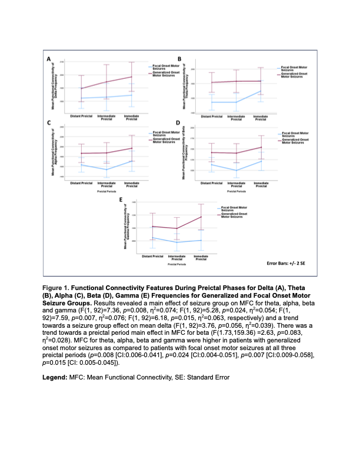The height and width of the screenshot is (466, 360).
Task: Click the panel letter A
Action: click(x=49, y=59)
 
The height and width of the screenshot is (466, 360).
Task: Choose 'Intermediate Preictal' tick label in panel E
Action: click(x=178, y=258)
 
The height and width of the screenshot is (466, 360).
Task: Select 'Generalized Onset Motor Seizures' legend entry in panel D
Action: click(x=293, y=141)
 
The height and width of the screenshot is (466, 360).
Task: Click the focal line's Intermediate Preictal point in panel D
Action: click(x=236, y=171)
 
